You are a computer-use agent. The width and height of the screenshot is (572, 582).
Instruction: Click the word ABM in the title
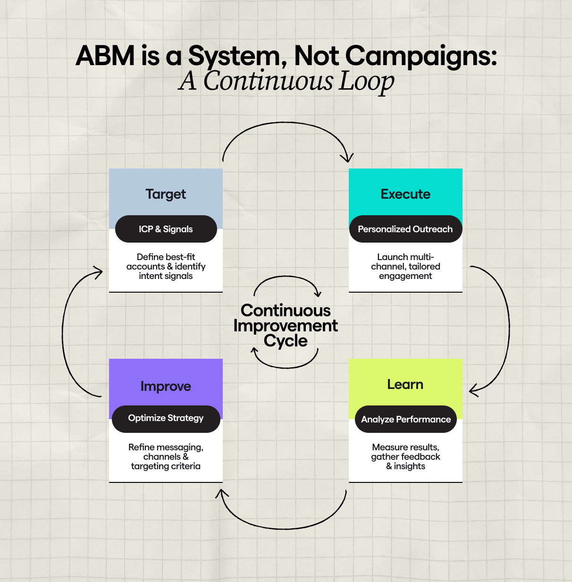[x=105, y=56]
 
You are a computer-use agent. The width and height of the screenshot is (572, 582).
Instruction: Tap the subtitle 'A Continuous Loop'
[x=286, y=81]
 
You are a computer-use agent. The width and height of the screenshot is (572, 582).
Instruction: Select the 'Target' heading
[x=166, y=194]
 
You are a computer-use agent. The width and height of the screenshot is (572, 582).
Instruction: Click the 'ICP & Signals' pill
[x=166, y=229]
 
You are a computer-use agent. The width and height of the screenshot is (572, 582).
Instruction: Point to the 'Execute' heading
[x=405, y=194]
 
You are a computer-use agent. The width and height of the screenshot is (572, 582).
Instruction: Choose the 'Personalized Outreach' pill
[x=405, y=229]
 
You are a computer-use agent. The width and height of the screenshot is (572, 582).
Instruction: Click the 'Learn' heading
[x=405, y=384]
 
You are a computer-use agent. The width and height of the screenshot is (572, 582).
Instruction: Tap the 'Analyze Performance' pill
[x=406, y=419]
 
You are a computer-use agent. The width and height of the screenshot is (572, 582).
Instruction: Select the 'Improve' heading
[x=166, y=386]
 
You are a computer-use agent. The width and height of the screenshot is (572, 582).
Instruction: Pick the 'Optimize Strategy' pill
[x=166, y=418]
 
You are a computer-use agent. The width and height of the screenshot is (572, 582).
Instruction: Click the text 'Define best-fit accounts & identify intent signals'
[x=166, y=266]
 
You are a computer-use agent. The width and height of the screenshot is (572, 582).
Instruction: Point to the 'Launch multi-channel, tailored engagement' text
[x=405, y=266]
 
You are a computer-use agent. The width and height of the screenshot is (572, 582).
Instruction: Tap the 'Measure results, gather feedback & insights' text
[x=405, y=456]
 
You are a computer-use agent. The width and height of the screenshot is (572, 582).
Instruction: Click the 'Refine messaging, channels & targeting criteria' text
[x=166, y=456]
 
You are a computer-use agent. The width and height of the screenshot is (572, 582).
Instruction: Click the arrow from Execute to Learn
[x=508, y=326]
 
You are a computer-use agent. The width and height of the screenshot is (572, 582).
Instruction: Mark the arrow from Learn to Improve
[x=283, y=527]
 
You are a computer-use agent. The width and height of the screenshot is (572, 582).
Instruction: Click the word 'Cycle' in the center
[x=286, y=341]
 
